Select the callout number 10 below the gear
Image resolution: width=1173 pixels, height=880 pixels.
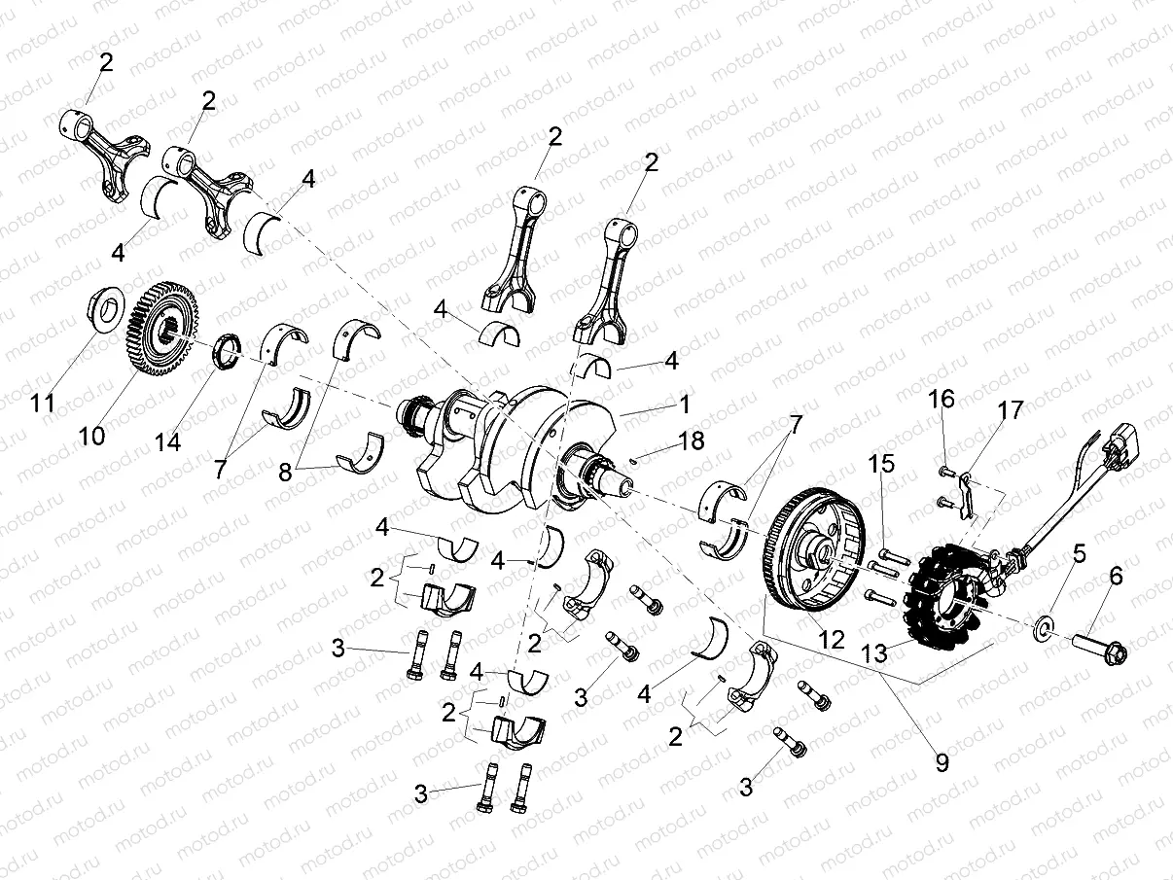tap(92, 437)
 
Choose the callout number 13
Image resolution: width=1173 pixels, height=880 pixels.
tap(875, 654)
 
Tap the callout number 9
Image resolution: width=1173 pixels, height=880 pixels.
tap(942, 763)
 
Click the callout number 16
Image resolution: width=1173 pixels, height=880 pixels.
tap(941, 400)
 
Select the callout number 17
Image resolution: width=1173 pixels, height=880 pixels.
tap(1011, 411)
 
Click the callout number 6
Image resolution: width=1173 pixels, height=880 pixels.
tap(1116, 577)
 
